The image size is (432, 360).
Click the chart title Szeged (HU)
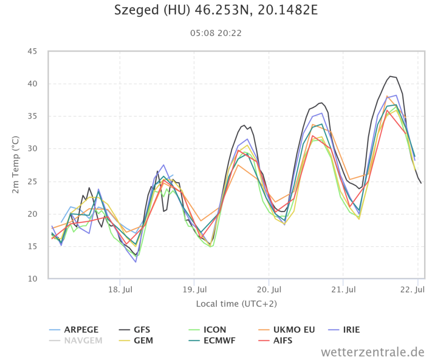coord(216,10)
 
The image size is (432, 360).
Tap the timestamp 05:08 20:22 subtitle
coord(216,33)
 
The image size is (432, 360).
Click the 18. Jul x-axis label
coord(120,289)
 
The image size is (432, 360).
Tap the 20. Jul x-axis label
coord(269,289)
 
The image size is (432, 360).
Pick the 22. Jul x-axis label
coord(416,289)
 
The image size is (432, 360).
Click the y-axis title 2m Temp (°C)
coord(16,165)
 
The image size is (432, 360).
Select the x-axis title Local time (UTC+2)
coord(236,304)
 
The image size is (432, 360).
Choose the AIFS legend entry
coord(282,341)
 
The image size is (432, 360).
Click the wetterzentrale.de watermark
coord(372,352)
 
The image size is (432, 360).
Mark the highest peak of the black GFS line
coord(390,76)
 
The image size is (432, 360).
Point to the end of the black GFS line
coord(421,183)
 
